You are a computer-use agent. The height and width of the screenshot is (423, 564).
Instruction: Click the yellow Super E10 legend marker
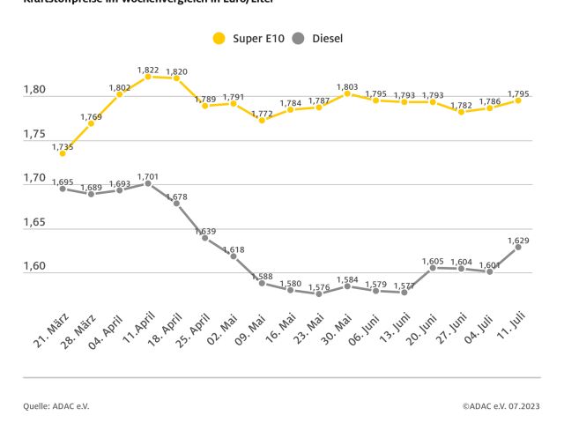pos(219,39)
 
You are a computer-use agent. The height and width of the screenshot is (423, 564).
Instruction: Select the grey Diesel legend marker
pos(297,39)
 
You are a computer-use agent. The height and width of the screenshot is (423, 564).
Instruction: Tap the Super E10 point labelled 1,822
pos(148,77)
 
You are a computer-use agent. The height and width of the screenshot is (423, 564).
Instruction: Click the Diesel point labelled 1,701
pos(148,183)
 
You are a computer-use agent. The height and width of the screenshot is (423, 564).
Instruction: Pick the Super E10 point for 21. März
pos(63,152)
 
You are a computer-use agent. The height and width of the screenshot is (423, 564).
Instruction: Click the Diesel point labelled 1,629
pos(518,247)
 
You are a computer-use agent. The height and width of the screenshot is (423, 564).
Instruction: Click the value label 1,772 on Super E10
pos(262,114)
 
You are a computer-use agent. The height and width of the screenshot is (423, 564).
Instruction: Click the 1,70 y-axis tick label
pos(35,177)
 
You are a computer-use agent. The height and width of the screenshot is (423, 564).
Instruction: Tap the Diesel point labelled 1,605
pos(433,267)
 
